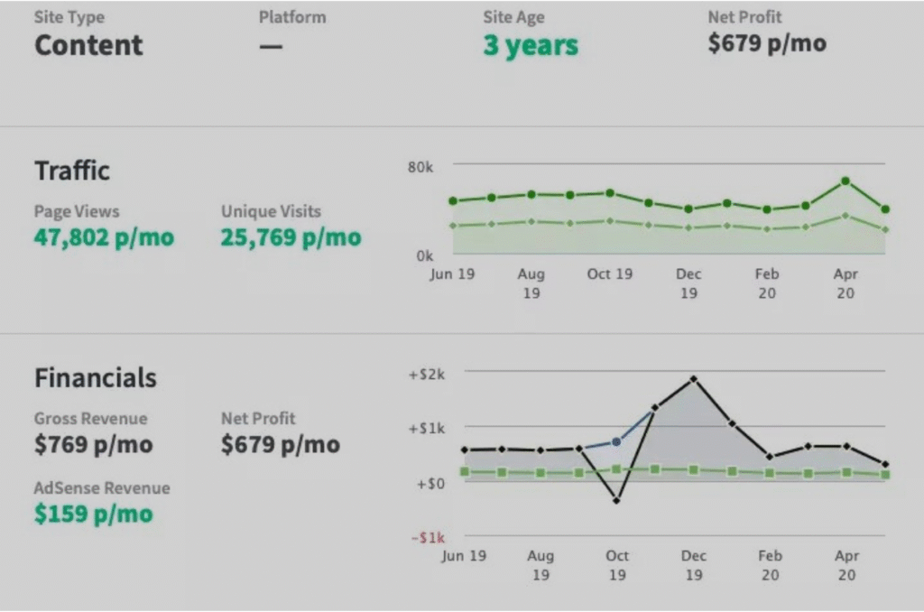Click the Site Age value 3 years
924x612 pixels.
[x=530, y=46]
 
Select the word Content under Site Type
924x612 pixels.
[x=88, y=45]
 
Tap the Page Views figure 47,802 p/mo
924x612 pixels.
[x=104, y=237]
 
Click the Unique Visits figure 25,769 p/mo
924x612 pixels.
[x=291, y=237]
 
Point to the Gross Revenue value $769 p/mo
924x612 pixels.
[x=93, y=444]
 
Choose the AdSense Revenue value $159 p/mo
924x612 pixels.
[x=93, y=514]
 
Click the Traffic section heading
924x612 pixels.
[x=72, y=171]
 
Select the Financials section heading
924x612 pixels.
[x=95, y=377]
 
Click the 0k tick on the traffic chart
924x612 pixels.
[x=424, y=255]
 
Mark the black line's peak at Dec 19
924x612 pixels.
[x=693, y=378]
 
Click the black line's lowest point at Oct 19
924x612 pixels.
[x=616, y=500]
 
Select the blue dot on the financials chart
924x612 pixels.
[x=616, y=441]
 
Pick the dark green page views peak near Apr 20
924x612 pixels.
[x=845, y=181]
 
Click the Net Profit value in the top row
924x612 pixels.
[x=766, y=43]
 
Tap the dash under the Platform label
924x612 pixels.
[x=270, y=46]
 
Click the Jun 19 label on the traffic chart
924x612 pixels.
[x=452, y=274]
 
